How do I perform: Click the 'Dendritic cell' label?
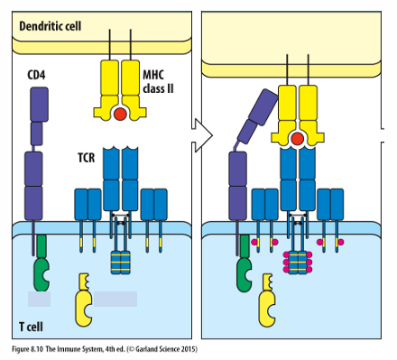(x=51, y=26)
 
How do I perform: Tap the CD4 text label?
(x=36, y=75)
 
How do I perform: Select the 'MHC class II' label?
(x=158, y=82)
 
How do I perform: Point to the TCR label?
(x=87, y=158)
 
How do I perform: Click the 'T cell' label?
(x=31, y=327)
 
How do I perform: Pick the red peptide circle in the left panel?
(x=120, y=115)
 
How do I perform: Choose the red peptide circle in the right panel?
(x=298, y=139)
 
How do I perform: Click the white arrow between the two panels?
(x=202, y=135)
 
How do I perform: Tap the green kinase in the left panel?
(x=42, y=263)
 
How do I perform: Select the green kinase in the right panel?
(x=245, y=263)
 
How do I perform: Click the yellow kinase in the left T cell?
(x=84, y=300)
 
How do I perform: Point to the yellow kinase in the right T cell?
(x=267, y=300)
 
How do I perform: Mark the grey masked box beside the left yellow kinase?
(x=115, y=299)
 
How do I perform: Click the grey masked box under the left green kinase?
(x=39, y=299)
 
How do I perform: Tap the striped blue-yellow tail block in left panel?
(x=120, y=263)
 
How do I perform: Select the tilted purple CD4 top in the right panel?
(x=257, y=115)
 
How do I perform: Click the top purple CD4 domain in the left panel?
(x=39, y=105)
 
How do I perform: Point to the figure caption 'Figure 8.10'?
(x=28, y=349)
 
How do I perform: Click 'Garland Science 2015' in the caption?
(x=165, y=349)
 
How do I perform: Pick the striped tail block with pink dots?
(x=298, y=263)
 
